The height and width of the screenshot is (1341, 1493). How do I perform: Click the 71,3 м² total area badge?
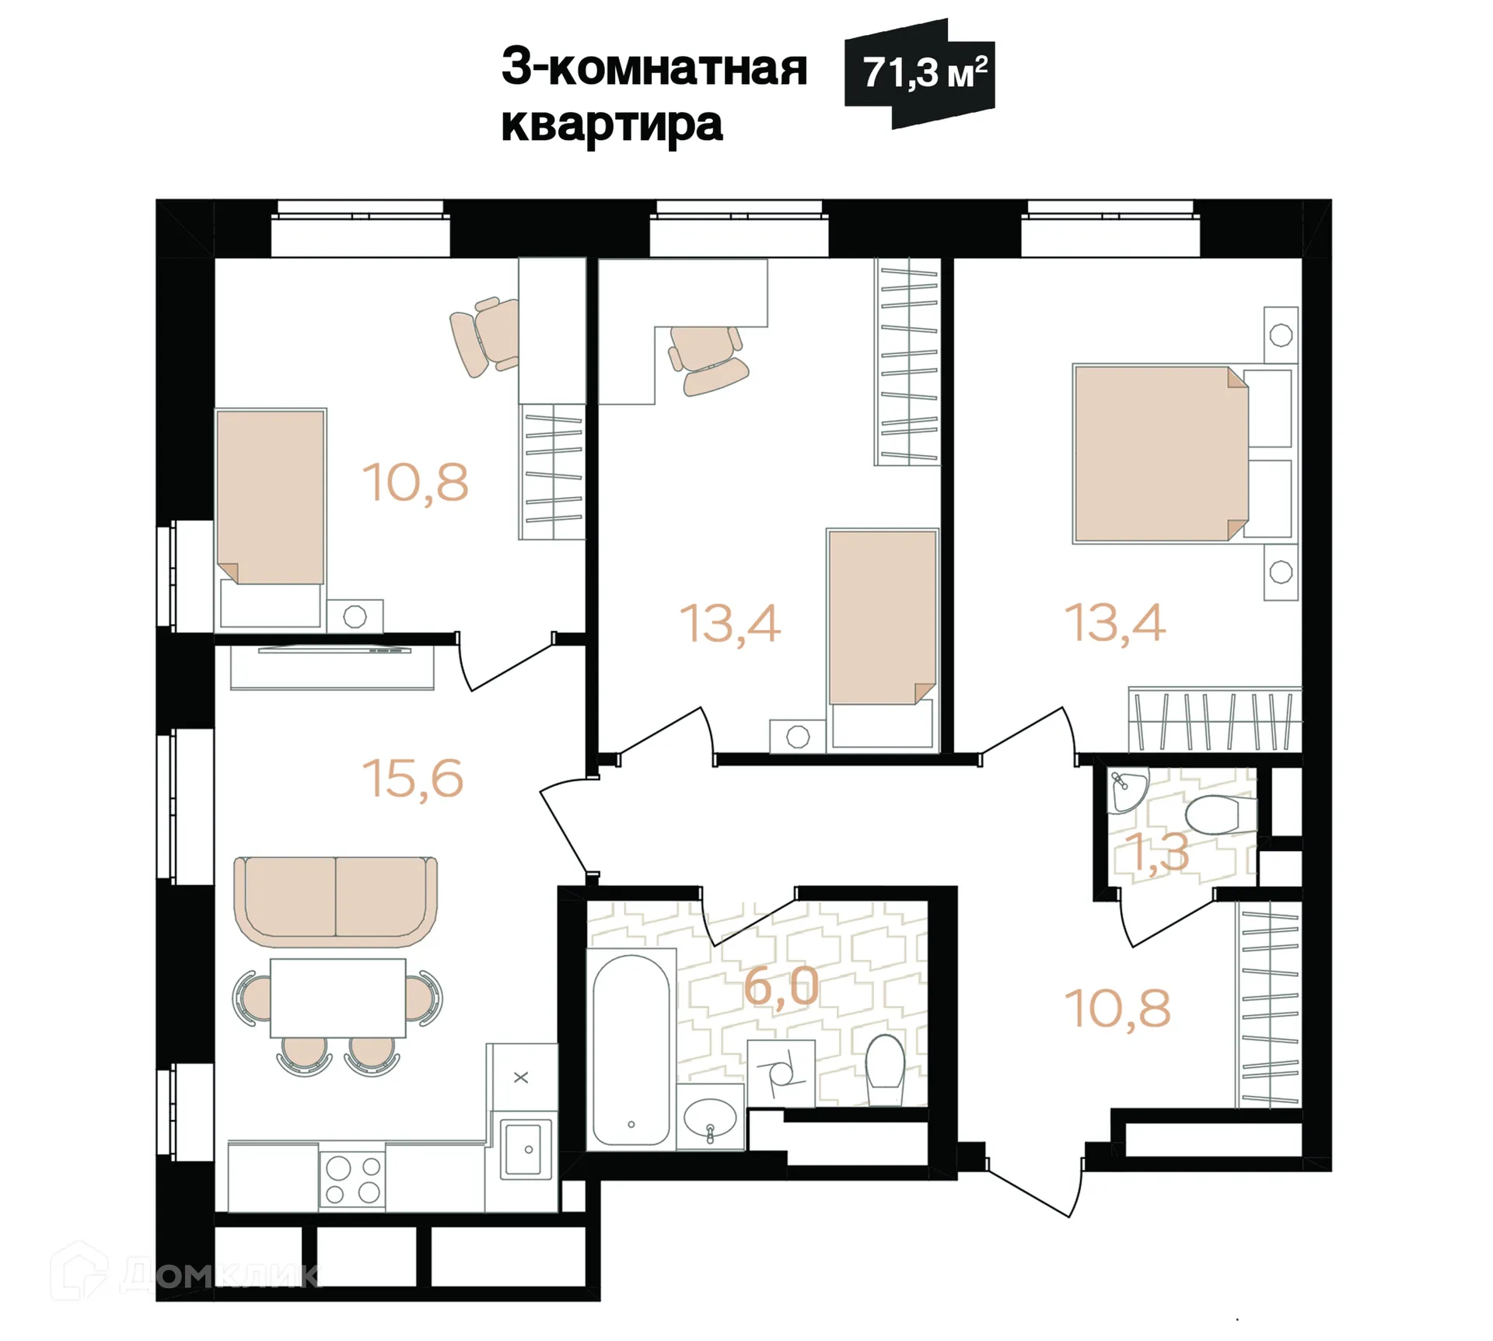tap(921, 74)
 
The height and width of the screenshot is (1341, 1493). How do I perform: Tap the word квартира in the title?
tap(612, 124)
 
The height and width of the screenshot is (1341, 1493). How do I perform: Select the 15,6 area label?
tap(413, 778)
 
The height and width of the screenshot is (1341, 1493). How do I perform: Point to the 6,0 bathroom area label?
tap(781, 986)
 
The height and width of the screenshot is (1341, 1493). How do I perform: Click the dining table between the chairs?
tap(337, 998)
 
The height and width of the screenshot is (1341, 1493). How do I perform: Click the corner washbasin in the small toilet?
tap(1124, 790)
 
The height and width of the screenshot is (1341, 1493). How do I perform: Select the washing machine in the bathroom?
tap(781, 1073)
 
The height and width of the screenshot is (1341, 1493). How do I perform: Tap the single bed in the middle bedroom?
tap(882, 618)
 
